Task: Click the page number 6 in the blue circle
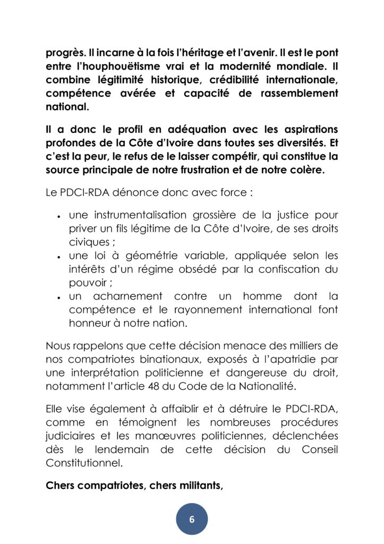(192, 519)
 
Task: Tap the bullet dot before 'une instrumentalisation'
(57, 217)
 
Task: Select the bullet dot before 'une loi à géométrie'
(57, 257)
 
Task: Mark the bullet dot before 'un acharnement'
(57, 296)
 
